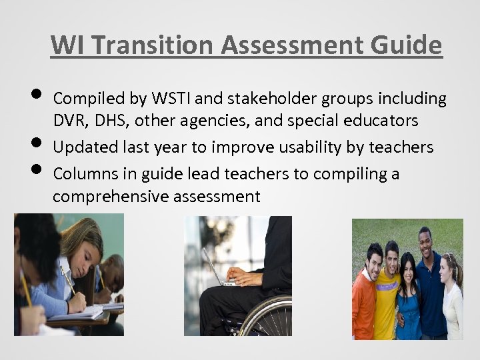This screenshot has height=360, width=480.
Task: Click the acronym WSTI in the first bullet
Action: point(174,99)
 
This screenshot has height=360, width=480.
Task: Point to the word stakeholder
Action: point(273,99)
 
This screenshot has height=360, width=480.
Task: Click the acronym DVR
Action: point(69,121)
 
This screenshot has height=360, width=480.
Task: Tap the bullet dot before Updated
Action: point(37,143)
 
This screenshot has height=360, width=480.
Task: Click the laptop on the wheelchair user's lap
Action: point(217,270)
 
